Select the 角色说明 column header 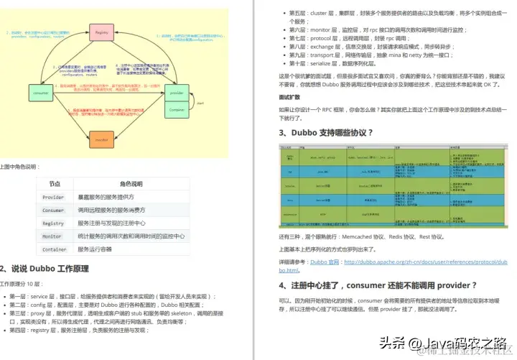point(131,185)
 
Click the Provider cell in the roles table point(54,198)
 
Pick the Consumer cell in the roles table point(54,211)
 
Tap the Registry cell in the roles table point(54,223)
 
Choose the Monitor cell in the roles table point(52,236)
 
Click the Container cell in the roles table point(55,249)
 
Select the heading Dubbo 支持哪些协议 point(330,132)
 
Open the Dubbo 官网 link point(326,262)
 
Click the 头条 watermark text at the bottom point(392,342)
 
